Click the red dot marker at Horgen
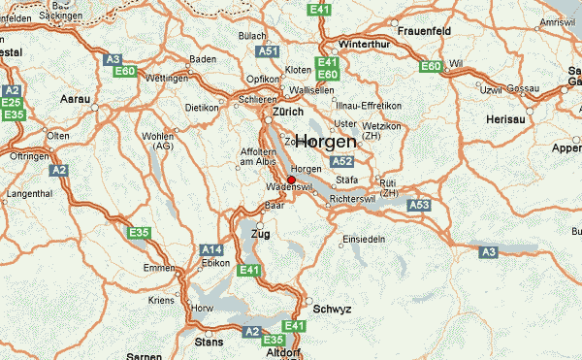point(264,180)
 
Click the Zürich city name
point(289,112)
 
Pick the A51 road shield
point(268,50)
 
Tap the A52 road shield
point(341,162)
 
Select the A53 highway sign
point(419,205)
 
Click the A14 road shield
point(211,249)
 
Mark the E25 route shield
point(12,102)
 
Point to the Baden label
point(203,59)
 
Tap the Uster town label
point(345,123)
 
